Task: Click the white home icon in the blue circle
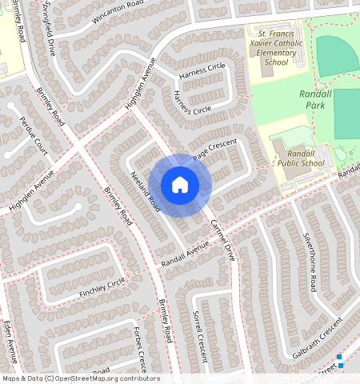click(x=180, y=185)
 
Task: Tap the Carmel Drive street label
click(x=221, y=241)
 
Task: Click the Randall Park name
click(x=314, y=99)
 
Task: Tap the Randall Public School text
click(x=301, y=158)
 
